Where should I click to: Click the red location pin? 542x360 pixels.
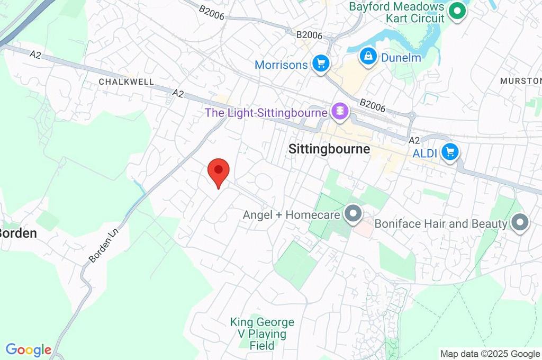[x=219, y=171]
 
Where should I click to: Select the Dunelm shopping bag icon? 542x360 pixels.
[x=367, y=56]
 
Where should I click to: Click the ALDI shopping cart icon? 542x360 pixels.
[x=450, y=152]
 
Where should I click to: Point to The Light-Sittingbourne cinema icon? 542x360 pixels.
[x=338, y=112]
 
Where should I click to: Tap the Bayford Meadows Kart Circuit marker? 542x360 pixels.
[x=456, y=11]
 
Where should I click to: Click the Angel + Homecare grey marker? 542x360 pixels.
[x=352, y=215]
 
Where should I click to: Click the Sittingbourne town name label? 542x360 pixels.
[x=329, y=149]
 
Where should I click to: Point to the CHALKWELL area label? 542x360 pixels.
[x=127, y=82]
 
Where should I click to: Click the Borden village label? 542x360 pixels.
[x=19, y=233]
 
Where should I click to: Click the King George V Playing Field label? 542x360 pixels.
[x=262, y=334]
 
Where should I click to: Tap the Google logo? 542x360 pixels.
[x=29, y=350]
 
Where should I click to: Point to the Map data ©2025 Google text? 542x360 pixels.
[x=490, y=354]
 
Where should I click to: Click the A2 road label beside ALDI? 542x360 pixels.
[x=414, y=140]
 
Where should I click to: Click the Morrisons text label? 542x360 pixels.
[x=281, y=65]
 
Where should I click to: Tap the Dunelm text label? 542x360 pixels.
[x=401, y=57]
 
